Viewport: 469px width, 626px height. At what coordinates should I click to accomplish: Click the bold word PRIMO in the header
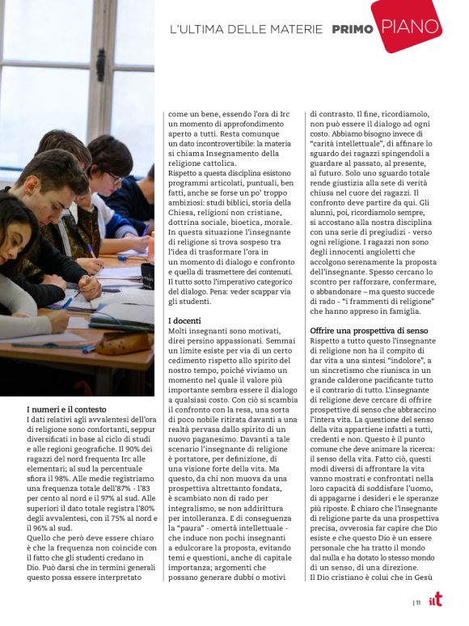353,30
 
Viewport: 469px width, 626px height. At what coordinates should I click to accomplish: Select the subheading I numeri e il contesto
66,410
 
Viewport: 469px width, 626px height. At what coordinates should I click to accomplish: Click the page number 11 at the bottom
418,603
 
